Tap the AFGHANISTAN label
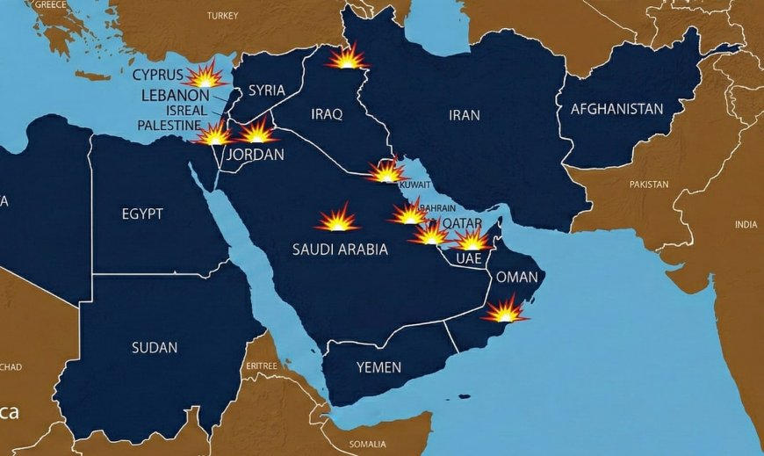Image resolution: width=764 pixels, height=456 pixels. pos(616,110)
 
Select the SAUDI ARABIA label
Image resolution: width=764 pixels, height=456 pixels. pos(339,250)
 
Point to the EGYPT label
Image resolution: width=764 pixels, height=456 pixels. pos(142,213)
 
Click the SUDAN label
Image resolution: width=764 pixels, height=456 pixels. pos(155,347)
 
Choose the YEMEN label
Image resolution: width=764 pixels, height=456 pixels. pos(378,367)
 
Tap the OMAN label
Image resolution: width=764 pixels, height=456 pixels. pos(516,276)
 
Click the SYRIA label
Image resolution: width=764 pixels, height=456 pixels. pos(266,90)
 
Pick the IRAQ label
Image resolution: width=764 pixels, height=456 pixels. pos(327,114)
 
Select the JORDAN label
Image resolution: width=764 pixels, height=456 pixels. pos(256,155)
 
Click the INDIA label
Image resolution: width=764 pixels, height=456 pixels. pos(746,224)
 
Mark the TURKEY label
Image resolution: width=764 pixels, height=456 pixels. pos(222,16)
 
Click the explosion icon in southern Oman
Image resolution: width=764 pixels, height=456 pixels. pos(506,310)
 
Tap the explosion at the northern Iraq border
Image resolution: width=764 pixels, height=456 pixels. pos(347,58)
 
